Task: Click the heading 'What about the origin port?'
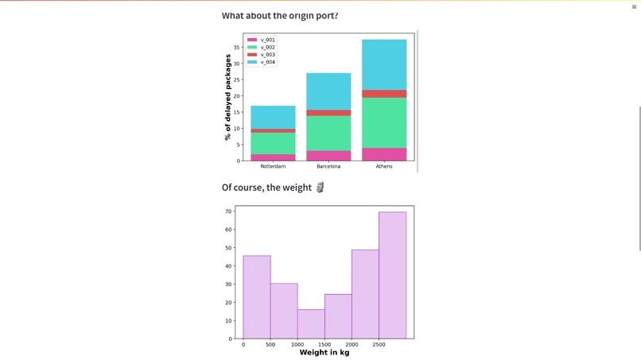[279, 16]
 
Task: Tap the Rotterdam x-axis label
[273, 167]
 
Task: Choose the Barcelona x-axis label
[328, 167]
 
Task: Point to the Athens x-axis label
[384, 167]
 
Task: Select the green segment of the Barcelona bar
[328, 133]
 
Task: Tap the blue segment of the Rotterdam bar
[273, 117]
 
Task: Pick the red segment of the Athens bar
[384, 94]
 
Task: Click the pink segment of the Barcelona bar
[328, 156]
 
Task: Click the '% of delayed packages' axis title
[228, 97]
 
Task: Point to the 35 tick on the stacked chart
[236, 47]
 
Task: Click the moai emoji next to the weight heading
[320, 188]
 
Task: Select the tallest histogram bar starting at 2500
[392, 275]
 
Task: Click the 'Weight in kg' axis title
[324, 352]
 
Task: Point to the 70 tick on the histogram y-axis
[228, 211]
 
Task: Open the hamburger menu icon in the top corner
[634, 6]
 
